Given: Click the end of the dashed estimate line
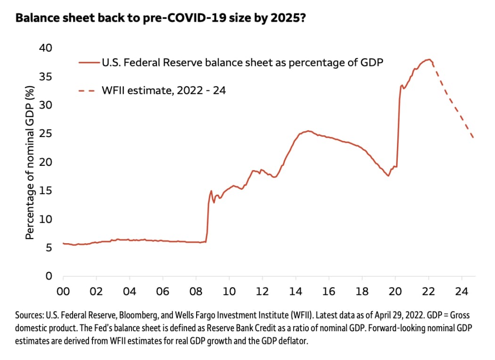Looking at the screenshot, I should click(x=473, y=138).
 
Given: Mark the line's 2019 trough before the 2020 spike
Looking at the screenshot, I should click(x=388, y=176).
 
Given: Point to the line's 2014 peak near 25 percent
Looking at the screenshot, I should click(x=308, y=131).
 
